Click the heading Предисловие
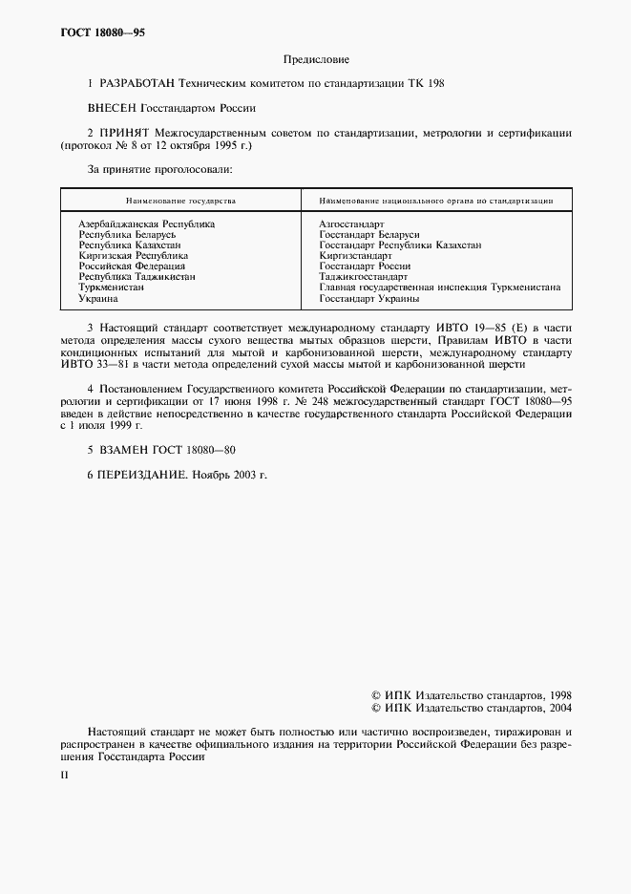(x=315, y=59)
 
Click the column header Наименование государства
(x=180, y=202)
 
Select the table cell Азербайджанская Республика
(x=146, y=223)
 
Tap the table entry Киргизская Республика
(x=133, y=256)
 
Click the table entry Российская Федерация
(x=132, y=266)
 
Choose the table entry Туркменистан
(x=112, y=287)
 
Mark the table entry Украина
(x=98, y=299)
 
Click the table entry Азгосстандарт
(x=351, y=223)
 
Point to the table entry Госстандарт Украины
(x=369, y=299)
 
